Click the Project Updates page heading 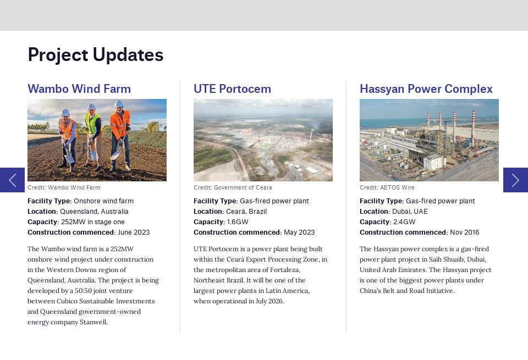pyautogui.click(x=95, y=55)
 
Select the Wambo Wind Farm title pyautogui.click(x=79, y=89)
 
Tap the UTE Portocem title pyautogui.click(x=232, y=89)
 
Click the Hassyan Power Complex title pyautogui.click(x=426, y=89)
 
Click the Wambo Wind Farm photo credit pyautogui.click(x=64, y=188)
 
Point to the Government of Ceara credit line pyautogui.click(x=233, y=188)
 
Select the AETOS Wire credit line pyautogui.click(x=387, y=188)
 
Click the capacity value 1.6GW pyautogui.click(x=237, y=222)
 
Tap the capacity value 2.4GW pyautogui.click(x=404, y=222)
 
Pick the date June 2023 pyautogui.click(x=134, y=232)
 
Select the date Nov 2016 pyautogui.click(x=464, y=232)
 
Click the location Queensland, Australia pyautogui.click(x=94, y=212)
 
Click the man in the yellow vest pyautogui.click(x=92, y=135)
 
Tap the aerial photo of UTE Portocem pyautogui.click(x=263, y=140)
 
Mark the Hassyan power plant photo pyautogui.click(x=429, y=140)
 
